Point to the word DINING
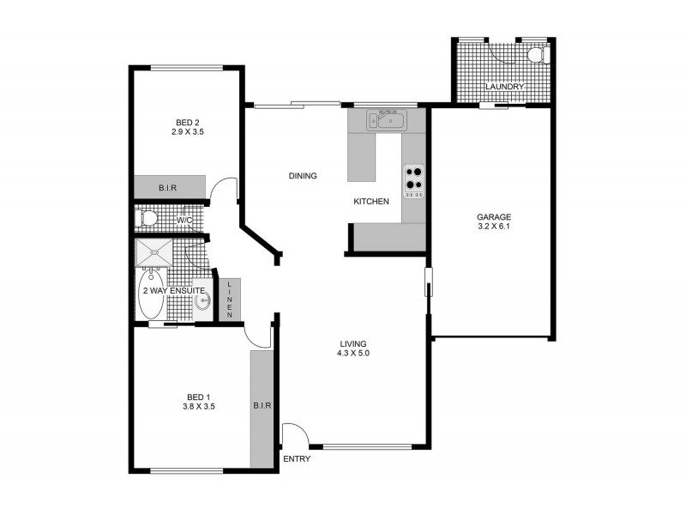pos(303,176)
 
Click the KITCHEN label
pos(371,202)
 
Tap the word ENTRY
pos(297,459)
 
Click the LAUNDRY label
pos(504,88)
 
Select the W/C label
pos(184,221)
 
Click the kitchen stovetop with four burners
pos(414,181)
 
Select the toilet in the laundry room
pos(537,56)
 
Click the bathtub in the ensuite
pos(152,295)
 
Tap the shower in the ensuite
pos(154,253)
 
